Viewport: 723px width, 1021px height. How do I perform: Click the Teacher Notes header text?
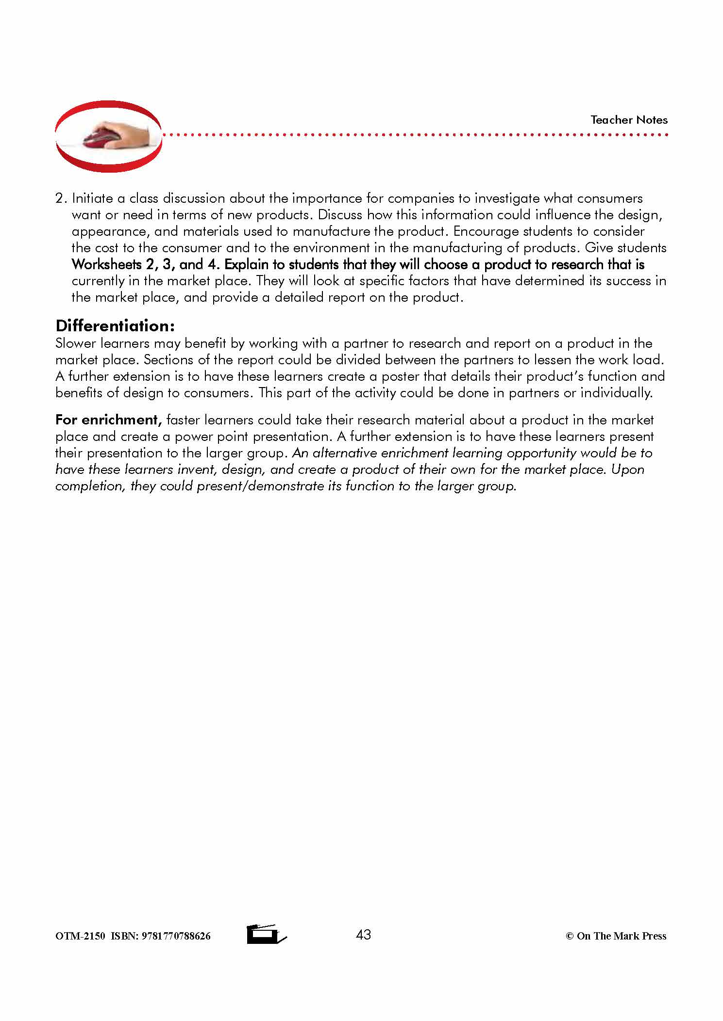coord(629,120)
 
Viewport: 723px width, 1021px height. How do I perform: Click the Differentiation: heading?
coord(115,325)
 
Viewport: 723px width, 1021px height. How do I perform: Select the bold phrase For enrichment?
coord(108,420)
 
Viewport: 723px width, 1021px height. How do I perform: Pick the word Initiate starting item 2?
coord(93,198)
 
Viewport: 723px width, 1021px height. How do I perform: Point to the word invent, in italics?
coord(198,469)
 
